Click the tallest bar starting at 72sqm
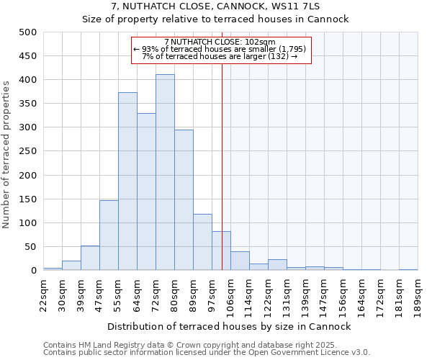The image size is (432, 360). point(165,173)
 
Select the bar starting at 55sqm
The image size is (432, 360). point(127,181)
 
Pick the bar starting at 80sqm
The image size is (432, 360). point(184,200)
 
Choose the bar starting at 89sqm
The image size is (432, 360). point(202,242)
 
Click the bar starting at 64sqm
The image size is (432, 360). point(146,192)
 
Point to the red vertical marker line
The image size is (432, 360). point(222,166)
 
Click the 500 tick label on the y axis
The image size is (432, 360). point(28,32)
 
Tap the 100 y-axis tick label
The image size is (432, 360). point(28,223)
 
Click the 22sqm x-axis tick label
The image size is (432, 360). point(43,292)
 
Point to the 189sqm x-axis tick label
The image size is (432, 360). point(418,292)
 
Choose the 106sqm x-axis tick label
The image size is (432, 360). point(230,292)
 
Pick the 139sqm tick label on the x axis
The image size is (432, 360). point(305,292)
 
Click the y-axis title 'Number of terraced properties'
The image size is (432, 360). point(6,154)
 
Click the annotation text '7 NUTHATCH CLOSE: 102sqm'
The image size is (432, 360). point(220,42)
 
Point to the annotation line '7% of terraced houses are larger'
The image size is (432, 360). point(220,55)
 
